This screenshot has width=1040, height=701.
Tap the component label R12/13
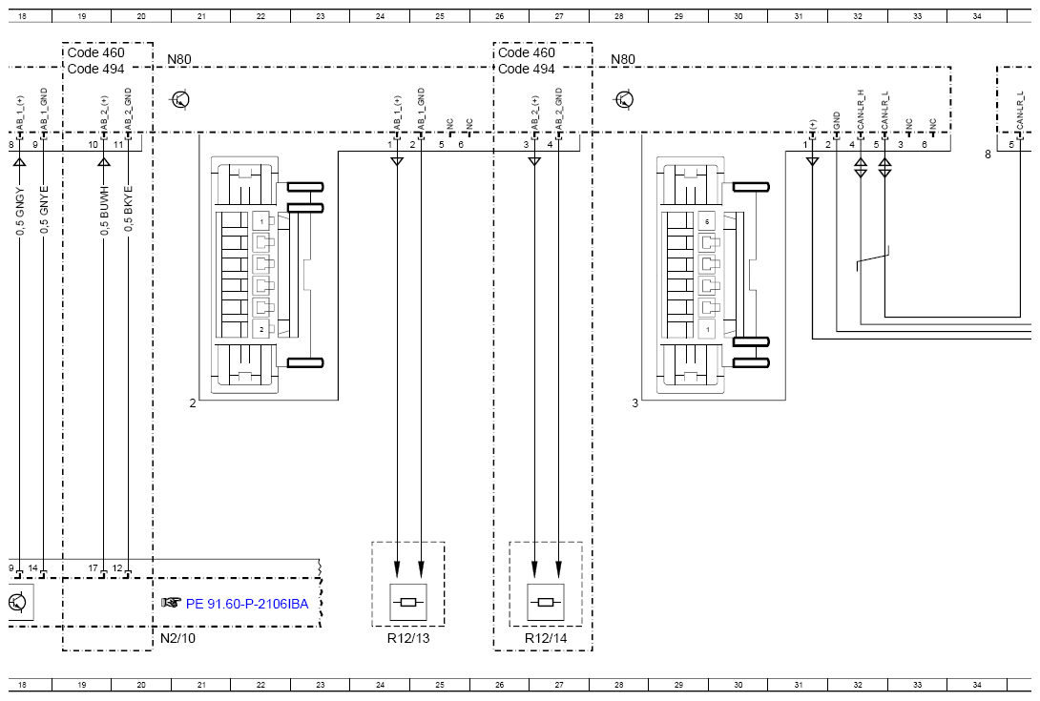click(x=408, y=637)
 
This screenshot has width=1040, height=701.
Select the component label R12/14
click(x=545, y=637)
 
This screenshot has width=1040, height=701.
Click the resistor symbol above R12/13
click(x=408, y=602)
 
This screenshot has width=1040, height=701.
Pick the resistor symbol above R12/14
click(x=546, y=602)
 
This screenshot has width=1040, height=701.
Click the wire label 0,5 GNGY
click(x=19, y=212)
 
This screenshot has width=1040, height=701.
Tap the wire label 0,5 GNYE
click(x=44, y=212)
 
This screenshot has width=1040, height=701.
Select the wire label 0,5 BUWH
click(x=104, y=212)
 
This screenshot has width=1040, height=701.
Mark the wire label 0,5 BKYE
click(x=128, y=212)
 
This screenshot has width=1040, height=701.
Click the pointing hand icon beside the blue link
click(x=171, y=603)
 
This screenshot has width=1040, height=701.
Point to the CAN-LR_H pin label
click(x=861, y=111)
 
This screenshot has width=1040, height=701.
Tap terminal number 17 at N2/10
click(x=94, y=568)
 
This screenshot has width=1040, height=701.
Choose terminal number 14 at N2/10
click(x=33, y=568)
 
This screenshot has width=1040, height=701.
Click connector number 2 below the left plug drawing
click(x=193, y=403)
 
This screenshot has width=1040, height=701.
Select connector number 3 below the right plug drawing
click(x=634, y=403)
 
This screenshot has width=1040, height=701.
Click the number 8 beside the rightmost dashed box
click(x=988, y=154)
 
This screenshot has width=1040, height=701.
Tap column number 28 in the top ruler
click(x=619, y=16)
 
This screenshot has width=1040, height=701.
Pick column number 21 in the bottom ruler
click(x=201, y=684)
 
